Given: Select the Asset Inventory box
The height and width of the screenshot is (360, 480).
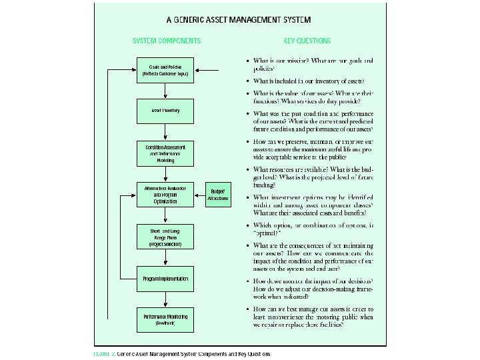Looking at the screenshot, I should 166,110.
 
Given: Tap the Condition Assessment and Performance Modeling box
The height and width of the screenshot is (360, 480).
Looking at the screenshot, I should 166,153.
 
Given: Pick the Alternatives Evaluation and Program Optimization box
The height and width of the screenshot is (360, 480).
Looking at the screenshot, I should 166,194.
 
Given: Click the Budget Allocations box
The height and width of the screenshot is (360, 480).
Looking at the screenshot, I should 217,195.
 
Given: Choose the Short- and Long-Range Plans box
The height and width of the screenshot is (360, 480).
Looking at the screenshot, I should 166,237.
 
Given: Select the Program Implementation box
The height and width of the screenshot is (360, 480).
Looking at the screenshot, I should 166,278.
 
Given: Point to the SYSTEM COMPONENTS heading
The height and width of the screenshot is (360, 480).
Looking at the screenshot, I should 166,41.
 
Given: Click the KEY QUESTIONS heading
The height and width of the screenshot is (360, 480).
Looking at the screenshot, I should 307,41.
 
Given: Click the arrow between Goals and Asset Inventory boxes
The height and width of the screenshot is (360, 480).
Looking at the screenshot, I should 166,90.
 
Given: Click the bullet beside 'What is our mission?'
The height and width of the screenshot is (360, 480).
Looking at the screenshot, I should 249,61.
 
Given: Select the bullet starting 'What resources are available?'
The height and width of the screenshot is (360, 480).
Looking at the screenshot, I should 249,170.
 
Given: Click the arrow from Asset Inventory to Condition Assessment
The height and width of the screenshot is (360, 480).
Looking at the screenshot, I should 166,131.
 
